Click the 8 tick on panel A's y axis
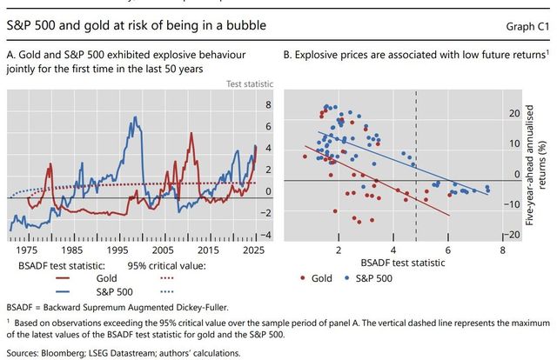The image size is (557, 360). coord(268,104)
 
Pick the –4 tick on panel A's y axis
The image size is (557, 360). coord(266,235)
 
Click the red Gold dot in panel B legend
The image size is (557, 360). coord(302,277)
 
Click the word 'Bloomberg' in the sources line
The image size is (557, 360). coord(65,352)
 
